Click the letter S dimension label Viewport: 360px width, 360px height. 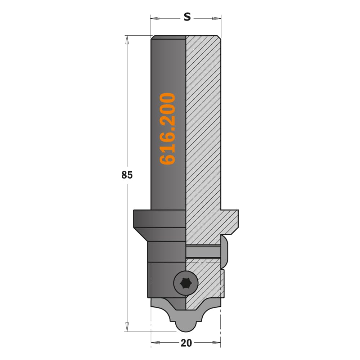click(x=187, y=17)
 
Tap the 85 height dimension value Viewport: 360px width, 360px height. click(x=127, y=175)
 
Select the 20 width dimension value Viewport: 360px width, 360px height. click(x=186, y=343)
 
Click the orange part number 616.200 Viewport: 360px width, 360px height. click(x=168, y=129)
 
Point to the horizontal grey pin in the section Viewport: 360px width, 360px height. click(x=203, y=252)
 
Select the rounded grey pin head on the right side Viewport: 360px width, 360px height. click(x=225, y=252)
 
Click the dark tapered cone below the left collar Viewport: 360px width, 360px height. click(x=162, y=234)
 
